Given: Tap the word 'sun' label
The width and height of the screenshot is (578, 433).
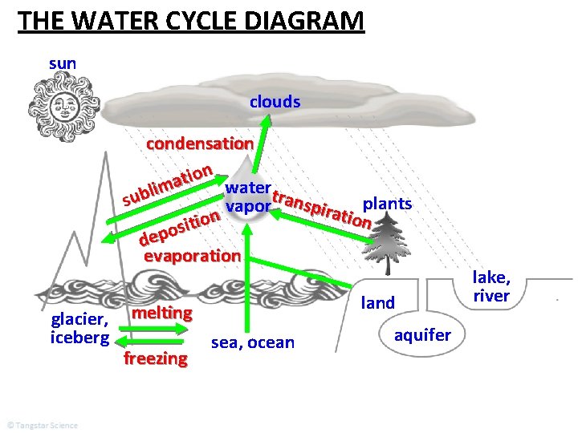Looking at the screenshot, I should pos(63,63).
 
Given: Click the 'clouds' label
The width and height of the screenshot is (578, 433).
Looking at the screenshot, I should pos(275,102).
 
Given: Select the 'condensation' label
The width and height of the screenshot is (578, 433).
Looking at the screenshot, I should pos(200,144).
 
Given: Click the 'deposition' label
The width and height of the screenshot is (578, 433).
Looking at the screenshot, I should pos(179,227).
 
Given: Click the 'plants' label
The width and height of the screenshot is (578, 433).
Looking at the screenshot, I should pos(388,203).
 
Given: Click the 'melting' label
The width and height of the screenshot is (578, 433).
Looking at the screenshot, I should pos(162,312).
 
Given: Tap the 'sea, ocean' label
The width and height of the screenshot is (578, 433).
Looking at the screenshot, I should pos(253,343).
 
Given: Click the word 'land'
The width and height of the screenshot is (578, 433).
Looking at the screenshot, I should pos(378,303).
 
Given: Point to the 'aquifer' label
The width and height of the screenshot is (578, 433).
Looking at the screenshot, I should pos(422,334).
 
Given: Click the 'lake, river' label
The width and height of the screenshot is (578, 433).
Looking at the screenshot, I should pos(491,286).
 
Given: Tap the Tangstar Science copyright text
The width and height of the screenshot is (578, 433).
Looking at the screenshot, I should pos(42,425).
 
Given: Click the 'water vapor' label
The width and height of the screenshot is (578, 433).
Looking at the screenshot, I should pos(248,196).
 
